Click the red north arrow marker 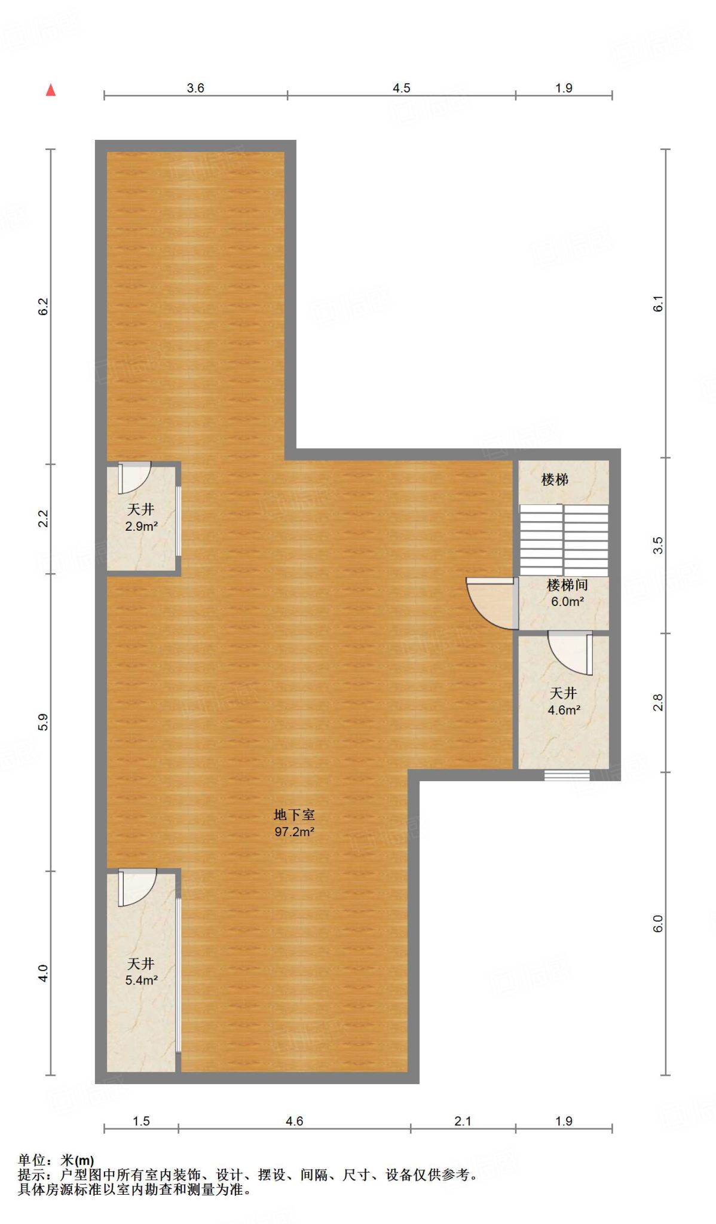click(51, 90)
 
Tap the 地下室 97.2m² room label click(294, 823)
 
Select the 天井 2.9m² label click(141, 518)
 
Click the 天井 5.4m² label click(141, 972)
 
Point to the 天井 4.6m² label click(564, 702)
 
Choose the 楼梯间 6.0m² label click(567, 593)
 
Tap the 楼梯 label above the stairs click(555, 479)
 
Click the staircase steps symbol click(564, 540)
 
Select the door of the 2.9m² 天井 click(134, 477)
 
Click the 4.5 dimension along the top click(401, 88)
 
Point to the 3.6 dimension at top click(195, 88)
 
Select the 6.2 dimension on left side click(44, 307)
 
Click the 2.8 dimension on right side click(657, 702)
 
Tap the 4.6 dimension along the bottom click(294, 1121)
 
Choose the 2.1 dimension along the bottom click(463, 1121)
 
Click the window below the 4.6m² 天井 click(567, 775)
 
